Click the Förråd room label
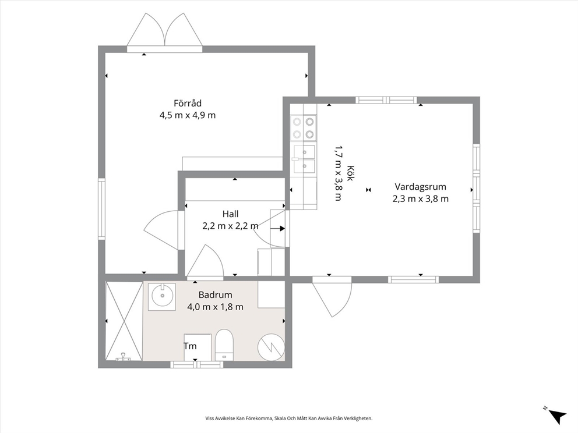pyautogui.click(x=188, y=103)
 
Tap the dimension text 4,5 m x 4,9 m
pyautogui.click(x=188, y=115)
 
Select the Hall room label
pyautogui.click(x=230, y=214)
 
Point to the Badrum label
pyautogui.click(x=215, y=294)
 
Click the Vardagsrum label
pyautogui.click(x=421, y=187)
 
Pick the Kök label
pyautogui.click(x=350, y=173)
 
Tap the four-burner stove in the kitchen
pyautogui.click(x=304, y=128)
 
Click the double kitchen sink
pyautogui.click(x=304, y=159)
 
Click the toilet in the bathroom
pyautogui.click(x=224, y=345)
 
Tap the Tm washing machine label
pyautogui.click(x=190, y=346)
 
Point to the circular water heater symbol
pyautogui.click(x=271, y=347)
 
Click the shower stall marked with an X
pyautogui.click(x=124, y=321)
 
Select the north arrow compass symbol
pyautogui.click(x=556, y=416)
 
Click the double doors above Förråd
pyautogui.click(x=165, y=33)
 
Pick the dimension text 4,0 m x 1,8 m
pyautogui.click(x=215, y=307)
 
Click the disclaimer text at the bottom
pyautogui.click(x=289, y=418)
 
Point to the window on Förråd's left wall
pyautogui.click(x=101, y=209)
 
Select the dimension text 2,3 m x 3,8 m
pyautogui.click(x=421, y=199)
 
